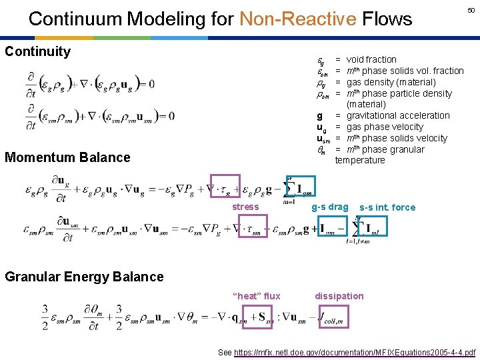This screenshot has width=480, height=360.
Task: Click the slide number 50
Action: click(471, 10)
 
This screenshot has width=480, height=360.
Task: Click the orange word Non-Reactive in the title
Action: click(297, 19)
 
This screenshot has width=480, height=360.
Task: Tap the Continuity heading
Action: click(37, 51)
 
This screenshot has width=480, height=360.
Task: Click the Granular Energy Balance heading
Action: click(84, 277)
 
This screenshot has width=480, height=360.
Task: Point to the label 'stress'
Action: click(245, 207)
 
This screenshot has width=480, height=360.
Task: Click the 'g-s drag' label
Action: click(330, 207)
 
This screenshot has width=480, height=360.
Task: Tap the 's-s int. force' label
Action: click(387, 207)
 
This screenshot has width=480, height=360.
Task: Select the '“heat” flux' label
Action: click(256, 296)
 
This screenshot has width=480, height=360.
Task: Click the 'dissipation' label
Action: click(339, 296)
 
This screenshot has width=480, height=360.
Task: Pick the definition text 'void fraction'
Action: click(371, 59)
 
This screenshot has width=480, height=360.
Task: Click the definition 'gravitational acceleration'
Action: click(399, 115)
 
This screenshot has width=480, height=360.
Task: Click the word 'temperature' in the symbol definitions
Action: click(360, 160)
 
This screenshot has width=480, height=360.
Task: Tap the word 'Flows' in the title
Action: click(387, 19)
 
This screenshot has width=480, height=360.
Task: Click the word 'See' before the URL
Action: click(226, 352)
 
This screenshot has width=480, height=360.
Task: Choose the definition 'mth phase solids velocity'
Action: click(397, 138)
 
